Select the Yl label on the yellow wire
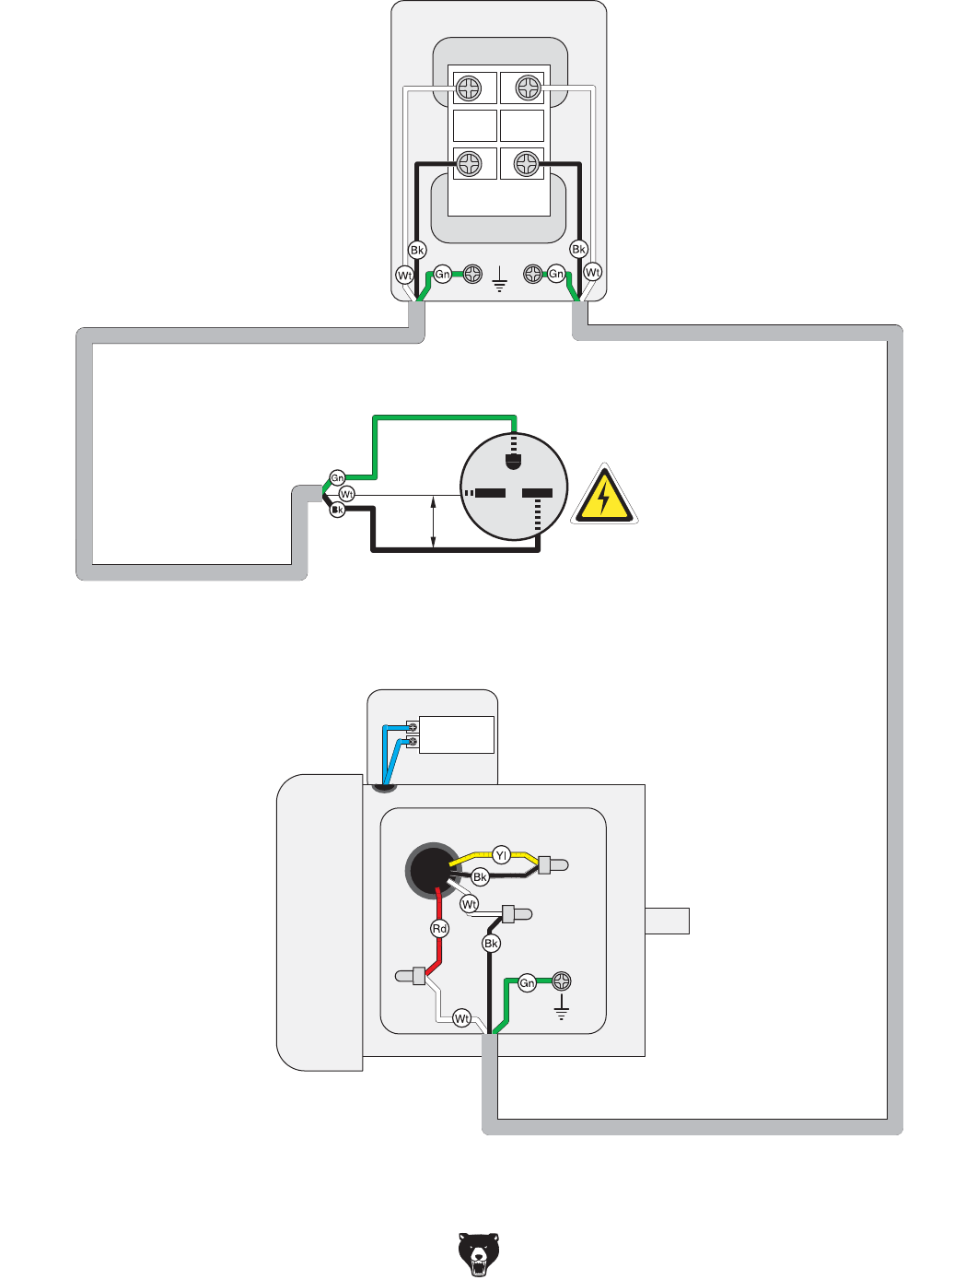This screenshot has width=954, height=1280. (501, 855)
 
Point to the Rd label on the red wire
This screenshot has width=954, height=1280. (440, 929)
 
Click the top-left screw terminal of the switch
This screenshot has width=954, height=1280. (469, 88)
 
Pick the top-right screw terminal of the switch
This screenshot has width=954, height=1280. (528, 88)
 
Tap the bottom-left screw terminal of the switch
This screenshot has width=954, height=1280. (470, 164)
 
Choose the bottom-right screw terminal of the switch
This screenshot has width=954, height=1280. (526, 164)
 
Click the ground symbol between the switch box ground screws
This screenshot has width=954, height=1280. (500, 279)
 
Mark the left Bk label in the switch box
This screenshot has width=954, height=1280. (417, 250)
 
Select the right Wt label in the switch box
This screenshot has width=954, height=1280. (593, 272)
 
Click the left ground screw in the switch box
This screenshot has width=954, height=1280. (471, 274)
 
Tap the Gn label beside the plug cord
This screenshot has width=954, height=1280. (338, 478)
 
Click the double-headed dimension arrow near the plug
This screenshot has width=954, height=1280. (434, 522)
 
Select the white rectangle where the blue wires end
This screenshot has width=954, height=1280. (457, 734)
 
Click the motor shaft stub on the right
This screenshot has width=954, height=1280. (667, 921)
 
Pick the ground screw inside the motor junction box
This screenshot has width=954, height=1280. (561, 981)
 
